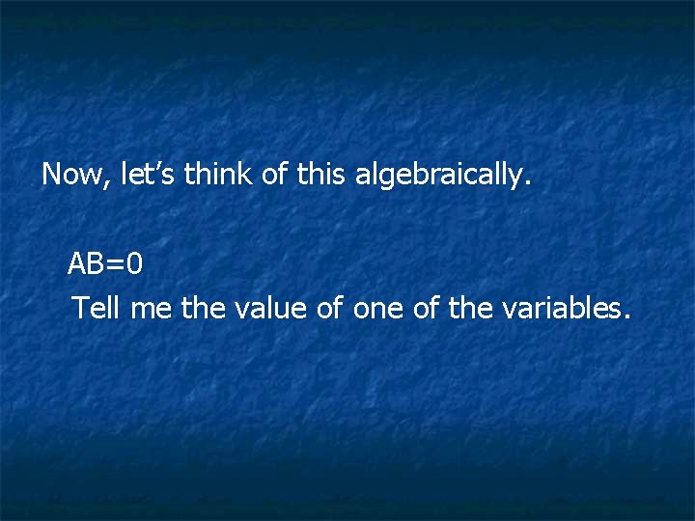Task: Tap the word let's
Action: point(149,175)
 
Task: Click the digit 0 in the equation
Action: point(135,263)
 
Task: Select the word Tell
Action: point(97,309)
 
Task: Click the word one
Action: point(377,309)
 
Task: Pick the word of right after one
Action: point(426,309)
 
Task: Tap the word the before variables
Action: point(470,309)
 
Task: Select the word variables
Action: point(563,309)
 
